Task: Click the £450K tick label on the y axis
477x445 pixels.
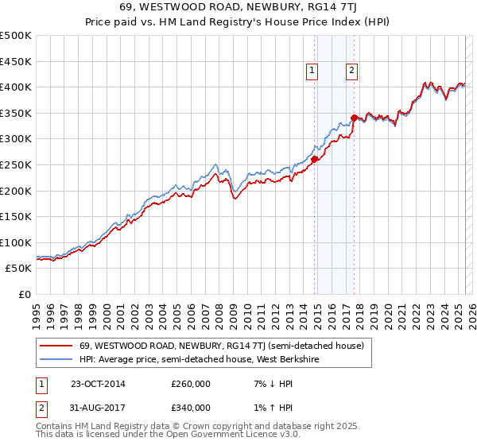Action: tap(16, 61)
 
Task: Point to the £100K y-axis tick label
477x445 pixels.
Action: tap(16, 242)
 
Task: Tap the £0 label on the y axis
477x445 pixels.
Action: tap(24, 294)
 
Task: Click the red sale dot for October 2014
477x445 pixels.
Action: tap(315, 159)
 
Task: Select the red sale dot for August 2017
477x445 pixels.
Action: tap(354, 118)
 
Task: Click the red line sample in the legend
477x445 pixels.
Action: tap(56, 346)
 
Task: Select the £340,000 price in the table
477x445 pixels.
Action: tap(191, 408)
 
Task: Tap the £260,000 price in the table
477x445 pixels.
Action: tap(191, 384)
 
